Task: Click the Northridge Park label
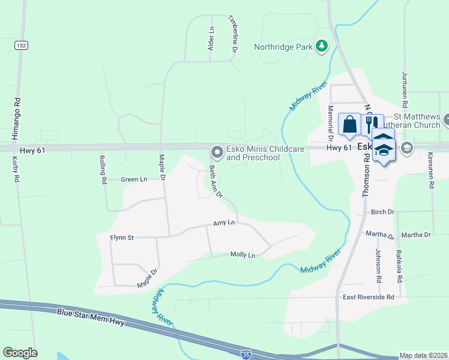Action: (x=285, y=46)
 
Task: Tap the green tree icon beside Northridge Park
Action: (x=322, y=46)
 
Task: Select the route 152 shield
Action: (x=21, y=46)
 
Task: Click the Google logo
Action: (x=20, y=353)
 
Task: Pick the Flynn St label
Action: (x=121, y=238)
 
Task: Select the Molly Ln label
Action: (x=243, y=255)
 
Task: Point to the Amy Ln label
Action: (x=223, y=223)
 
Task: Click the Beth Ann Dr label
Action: (x=215, y=182)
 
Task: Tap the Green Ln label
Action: (x=133, y=179)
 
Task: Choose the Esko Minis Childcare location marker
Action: (x=217, y=153)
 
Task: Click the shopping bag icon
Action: (x=350, y=125)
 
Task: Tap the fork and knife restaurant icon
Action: (x=372, y=125)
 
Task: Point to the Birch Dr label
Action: (x=382, y=212)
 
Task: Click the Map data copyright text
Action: (x=423, y=355)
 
